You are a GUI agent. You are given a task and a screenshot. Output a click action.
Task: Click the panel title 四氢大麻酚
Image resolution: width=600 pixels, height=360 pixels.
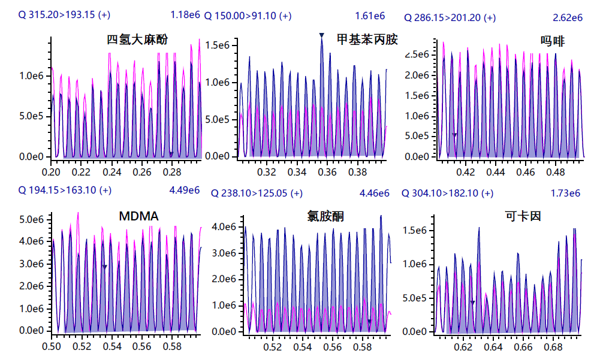click(137, 40)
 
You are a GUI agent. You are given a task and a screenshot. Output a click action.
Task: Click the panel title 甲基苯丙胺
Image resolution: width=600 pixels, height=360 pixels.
click(367, 40)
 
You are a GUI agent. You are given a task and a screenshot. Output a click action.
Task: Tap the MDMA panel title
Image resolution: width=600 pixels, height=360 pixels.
click(138, 216)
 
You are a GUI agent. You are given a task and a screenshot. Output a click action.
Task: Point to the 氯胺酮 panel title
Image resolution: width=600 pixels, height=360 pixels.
click(325, 216)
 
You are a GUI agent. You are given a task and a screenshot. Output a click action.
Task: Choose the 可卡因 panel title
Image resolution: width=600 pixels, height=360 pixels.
click(523, 216)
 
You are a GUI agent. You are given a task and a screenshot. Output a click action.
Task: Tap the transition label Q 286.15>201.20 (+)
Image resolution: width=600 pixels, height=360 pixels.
click(450, 18)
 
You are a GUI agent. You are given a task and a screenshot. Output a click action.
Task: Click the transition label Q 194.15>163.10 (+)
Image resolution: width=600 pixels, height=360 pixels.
click(65, 190)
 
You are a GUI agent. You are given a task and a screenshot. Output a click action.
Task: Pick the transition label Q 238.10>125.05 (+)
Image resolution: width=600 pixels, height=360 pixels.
click(257, 193)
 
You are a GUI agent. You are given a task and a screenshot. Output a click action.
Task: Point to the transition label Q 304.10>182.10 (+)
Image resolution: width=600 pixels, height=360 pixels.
click(447, 193)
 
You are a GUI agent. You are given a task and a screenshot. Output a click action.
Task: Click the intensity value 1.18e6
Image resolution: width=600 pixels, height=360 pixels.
click(185, 14)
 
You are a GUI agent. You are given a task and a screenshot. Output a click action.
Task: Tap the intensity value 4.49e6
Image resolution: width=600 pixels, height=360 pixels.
click(185, 190)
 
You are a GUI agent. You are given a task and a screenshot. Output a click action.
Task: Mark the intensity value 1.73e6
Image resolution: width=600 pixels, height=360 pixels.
click(565, 193)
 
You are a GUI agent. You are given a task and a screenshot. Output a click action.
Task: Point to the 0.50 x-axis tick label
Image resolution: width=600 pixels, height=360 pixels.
click(52, 346)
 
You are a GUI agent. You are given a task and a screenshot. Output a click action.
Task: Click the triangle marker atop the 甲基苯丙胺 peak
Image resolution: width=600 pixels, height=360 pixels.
click(321, 35)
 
